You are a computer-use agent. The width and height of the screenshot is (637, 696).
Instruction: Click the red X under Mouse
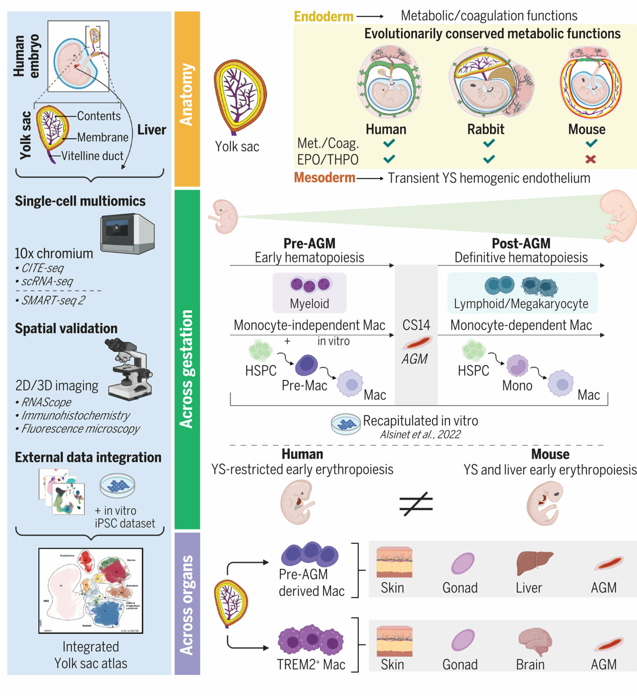[591, 159]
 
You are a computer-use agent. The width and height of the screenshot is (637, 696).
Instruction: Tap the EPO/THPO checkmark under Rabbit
[489, 159]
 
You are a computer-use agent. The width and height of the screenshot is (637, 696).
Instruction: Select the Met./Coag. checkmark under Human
[389, 143]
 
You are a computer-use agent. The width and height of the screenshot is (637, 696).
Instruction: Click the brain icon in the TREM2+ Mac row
[535, 641]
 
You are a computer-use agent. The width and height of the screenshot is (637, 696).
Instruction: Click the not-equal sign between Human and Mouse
[416, 503]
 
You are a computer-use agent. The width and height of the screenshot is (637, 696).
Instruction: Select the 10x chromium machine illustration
[128, 234]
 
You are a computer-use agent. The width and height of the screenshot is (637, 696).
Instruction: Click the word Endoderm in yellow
[323, 17]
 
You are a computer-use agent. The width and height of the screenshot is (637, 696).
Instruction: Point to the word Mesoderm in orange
[324, 178]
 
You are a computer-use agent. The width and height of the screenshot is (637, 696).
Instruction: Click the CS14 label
[416, 325]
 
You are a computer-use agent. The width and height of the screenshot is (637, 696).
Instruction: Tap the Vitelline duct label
[92, 156]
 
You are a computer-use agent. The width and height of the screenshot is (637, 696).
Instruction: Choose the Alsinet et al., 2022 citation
[420, 434]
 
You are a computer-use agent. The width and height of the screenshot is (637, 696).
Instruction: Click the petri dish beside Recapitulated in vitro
[346, 424]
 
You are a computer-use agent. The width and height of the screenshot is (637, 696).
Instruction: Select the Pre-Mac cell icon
[306, 365]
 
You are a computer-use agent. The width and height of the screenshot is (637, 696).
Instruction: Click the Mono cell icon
[517, 365]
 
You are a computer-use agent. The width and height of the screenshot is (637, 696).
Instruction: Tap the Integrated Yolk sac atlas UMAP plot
[91, 590]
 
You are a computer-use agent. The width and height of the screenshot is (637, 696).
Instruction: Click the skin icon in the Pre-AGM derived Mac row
[394, 562]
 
